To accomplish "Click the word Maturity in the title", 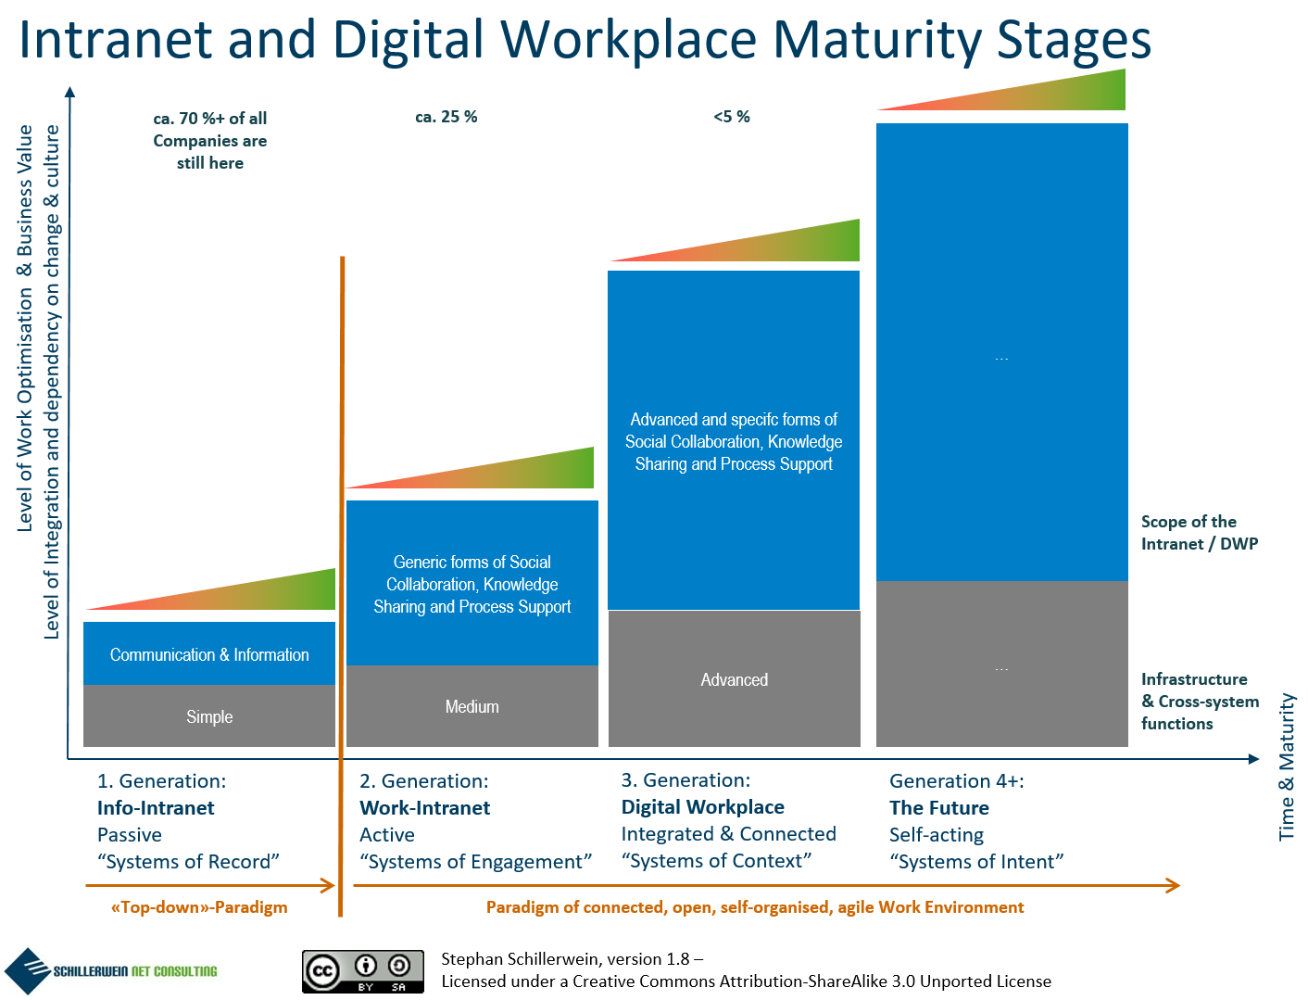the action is pos(876,41).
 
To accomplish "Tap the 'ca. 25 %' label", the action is pos(446,117).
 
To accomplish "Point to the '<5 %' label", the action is pos(731,117).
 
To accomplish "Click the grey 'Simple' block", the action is pos(209,715).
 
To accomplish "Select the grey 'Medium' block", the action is pos(472,705).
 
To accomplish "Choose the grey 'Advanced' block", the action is pos(735,678).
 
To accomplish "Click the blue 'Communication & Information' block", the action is pos(209,653).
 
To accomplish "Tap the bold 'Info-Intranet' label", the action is pos(156,807).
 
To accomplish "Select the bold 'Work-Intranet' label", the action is pos(424,807).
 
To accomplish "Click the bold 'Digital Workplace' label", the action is pos(702,807).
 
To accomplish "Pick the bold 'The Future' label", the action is pos(939,807).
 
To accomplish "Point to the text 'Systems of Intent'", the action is pos(976,862).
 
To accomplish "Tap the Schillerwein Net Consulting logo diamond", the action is pos(28,970).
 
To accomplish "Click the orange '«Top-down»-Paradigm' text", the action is pos(199,907).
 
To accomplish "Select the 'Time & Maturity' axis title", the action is pos(1287,766).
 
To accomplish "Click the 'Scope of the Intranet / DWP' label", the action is pos(1199,532).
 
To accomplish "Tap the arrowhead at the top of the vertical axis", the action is pos(69,91).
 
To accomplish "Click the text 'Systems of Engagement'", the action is pos(475,862).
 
